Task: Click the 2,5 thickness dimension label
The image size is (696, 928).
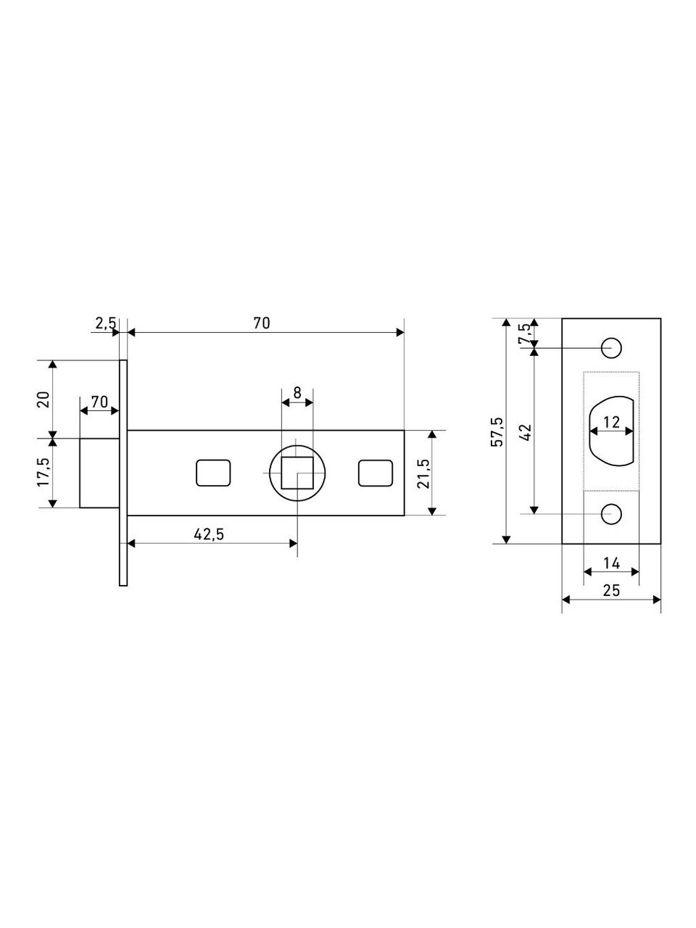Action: coord(105,323)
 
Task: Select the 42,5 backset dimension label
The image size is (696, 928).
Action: coord(209,534)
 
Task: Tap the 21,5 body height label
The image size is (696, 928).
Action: coord(423,473)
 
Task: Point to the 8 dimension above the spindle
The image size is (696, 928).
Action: coord(297,393)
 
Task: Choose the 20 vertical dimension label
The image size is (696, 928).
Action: coord(44,399)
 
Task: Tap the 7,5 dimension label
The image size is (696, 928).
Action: coord(524,334)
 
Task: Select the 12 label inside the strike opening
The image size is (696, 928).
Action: coord(611,422)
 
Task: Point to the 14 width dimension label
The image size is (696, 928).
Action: coord(611,563)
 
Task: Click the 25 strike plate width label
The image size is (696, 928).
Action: coord(611,590)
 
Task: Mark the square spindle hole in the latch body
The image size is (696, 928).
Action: coord(297,473)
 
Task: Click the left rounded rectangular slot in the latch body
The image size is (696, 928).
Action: coord(213,473)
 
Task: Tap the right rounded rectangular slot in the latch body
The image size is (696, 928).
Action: coord(376,473)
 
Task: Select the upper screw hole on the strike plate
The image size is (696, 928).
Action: coord(611,348)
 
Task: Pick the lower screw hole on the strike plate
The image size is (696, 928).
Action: coord(611,514)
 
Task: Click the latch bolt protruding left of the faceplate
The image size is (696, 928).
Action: coord(100,473)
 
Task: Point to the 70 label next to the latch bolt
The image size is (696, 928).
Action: coord(100,402)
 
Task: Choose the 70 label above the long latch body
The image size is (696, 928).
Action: coord(262,323)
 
